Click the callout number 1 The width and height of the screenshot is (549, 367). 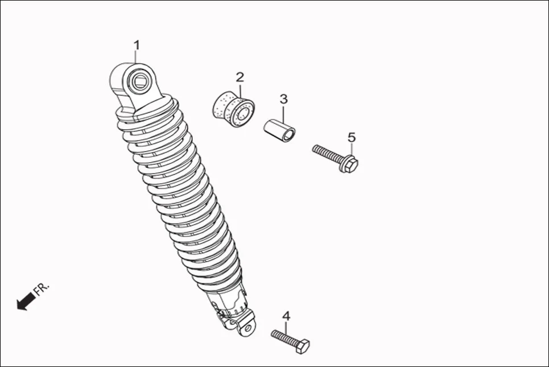click(x=137, y=45)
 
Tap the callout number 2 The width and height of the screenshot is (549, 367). click(x=240, y=77)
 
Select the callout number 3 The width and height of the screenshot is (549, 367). click(x=284, y=99)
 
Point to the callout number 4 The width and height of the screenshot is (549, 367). click(x=286, y=316)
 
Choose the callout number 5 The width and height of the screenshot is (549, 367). click(x=352, y=137)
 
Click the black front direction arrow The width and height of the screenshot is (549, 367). click(x=26, y=302)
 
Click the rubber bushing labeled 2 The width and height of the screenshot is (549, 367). click(x=233, y=109)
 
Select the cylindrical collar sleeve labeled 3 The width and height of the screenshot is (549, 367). click(x=279, y=131)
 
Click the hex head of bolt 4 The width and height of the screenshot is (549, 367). click(x=302, y=346)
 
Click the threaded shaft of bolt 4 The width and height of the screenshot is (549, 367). click(x=284, y=337)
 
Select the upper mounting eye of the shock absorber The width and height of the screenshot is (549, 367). click(x=141, y=81)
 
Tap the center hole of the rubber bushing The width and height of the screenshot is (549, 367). click(x=244, y=114)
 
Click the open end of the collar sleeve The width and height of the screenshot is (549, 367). click(x=289, y=135)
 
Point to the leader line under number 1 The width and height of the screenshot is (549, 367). click(x=136, y=58)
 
